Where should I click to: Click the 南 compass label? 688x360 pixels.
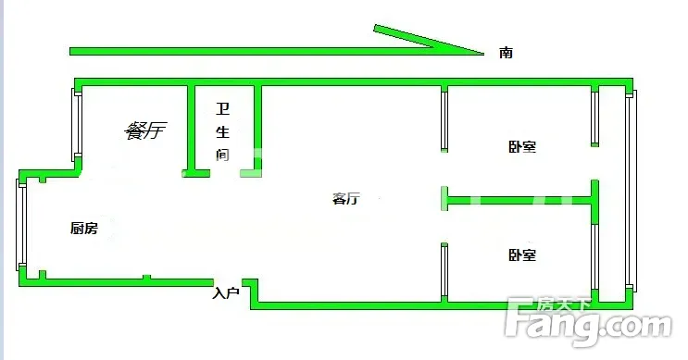click(506, 53)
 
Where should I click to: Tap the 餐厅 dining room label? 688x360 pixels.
click(145, 130)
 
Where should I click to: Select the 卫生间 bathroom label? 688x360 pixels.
click(223, 131)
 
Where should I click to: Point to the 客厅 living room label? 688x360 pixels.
click(346, 199)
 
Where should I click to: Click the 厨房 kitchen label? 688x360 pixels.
click(84, 228)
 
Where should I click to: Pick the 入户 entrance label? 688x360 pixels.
click(226, 293)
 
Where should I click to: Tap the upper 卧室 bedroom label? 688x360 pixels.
click(522, 146)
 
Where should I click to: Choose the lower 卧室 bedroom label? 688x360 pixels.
click(522, 254)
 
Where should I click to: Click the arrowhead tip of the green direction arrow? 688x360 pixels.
click(483, 54)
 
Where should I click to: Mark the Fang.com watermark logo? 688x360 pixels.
click(588, 321)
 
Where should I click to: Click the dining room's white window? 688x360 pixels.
click(77, 125)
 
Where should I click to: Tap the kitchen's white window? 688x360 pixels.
click(21, 225)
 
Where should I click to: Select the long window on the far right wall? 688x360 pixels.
click(631, 191)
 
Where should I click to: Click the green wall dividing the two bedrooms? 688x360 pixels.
click(520, 201)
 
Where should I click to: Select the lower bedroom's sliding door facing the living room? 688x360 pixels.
click(444, 272)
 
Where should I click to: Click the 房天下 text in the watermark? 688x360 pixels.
click(564, 304)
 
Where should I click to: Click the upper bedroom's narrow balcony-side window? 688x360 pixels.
click(595, 117)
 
